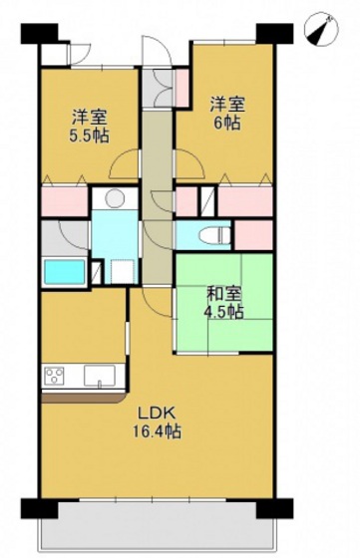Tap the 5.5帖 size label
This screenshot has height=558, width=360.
pos(89,135)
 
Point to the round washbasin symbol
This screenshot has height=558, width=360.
pos(114,197)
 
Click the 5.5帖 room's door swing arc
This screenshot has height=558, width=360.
pos(126,164)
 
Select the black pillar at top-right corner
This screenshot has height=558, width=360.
pos(267,31)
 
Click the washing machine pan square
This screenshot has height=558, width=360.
pos(122,269)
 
